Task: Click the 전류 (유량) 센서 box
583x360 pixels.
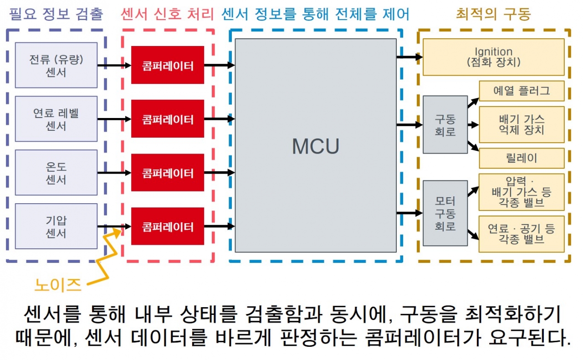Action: [56, 65]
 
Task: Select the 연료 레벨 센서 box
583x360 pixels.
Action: [56, 119]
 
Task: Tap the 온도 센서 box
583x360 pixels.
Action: [56, 173]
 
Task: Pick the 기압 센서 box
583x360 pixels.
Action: [56, 226]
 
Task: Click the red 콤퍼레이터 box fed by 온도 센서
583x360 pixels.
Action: [167, 173]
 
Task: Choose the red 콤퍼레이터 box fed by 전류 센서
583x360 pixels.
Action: [167, 65]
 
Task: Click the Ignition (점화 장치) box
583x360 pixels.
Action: [493, 57]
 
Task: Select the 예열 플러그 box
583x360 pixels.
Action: [521, 91]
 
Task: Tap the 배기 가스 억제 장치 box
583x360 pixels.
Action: [521, 124]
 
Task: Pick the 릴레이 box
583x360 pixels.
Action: [521, 158]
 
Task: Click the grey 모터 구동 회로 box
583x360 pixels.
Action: [445, 213]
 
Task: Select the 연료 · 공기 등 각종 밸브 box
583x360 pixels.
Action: [521, 234]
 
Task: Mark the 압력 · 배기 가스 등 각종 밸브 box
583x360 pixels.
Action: [521, 192]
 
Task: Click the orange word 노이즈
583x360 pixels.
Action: [58, 285]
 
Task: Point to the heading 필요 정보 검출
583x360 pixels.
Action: [56, 14]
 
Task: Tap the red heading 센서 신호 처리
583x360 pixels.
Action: [167, 14]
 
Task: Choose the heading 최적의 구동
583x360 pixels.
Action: [493, 14]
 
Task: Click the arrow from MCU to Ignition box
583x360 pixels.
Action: [409, 57]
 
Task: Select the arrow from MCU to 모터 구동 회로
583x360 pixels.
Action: [409, 213]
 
